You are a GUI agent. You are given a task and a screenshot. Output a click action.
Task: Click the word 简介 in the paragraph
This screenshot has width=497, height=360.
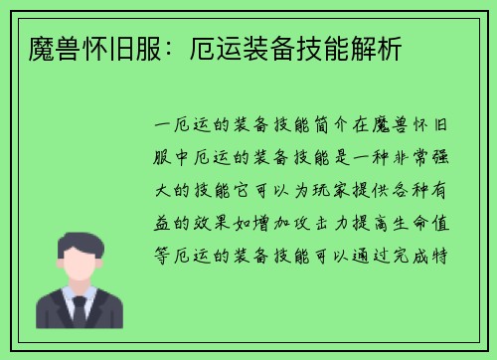(x=333, y=128)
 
